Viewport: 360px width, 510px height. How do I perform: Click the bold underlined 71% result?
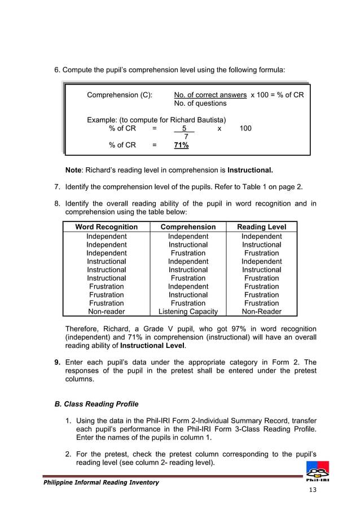pos(181,145)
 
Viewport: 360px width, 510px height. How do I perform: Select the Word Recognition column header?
pos(107,226)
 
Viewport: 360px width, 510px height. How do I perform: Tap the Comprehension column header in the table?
pos(188,226)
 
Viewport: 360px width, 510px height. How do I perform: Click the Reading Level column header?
pos(261,226)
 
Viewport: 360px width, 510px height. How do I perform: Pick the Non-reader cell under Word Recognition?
pos(107,311)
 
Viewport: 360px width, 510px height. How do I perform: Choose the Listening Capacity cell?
pos(188,311)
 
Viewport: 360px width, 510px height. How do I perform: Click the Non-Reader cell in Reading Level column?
pos(261,311)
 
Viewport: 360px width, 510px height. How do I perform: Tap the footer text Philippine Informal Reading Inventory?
pos(97,482)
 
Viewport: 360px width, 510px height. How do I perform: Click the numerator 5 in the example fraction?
pos(184,128)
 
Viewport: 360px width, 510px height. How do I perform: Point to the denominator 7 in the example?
pos(186,136)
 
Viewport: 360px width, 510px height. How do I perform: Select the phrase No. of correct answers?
pos(210,95)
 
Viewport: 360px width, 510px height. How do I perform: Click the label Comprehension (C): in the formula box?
pos(119,95)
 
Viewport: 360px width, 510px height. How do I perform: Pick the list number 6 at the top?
pos(56,70)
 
